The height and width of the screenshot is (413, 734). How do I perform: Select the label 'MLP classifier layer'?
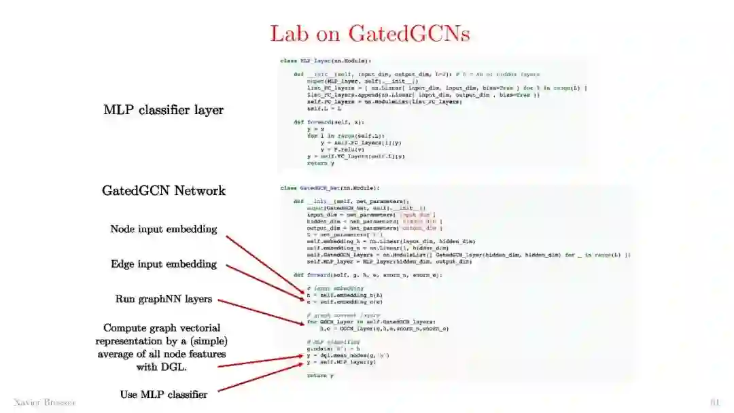point(163,109)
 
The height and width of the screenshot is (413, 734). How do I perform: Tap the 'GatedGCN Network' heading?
point(164,190)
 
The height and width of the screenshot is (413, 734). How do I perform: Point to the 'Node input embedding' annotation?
point(164,229)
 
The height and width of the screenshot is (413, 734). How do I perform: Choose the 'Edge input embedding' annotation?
point(164,264)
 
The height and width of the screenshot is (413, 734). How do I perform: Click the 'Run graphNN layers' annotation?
point(164,299)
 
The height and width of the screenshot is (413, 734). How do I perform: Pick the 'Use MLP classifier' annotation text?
point(164,393)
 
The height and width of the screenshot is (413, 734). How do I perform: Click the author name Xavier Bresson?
point(45,402)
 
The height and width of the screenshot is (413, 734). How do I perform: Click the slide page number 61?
point(714,402)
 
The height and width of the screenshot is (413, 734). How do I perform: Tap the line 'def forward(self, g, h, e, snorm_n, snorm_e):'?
point(368,275)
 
